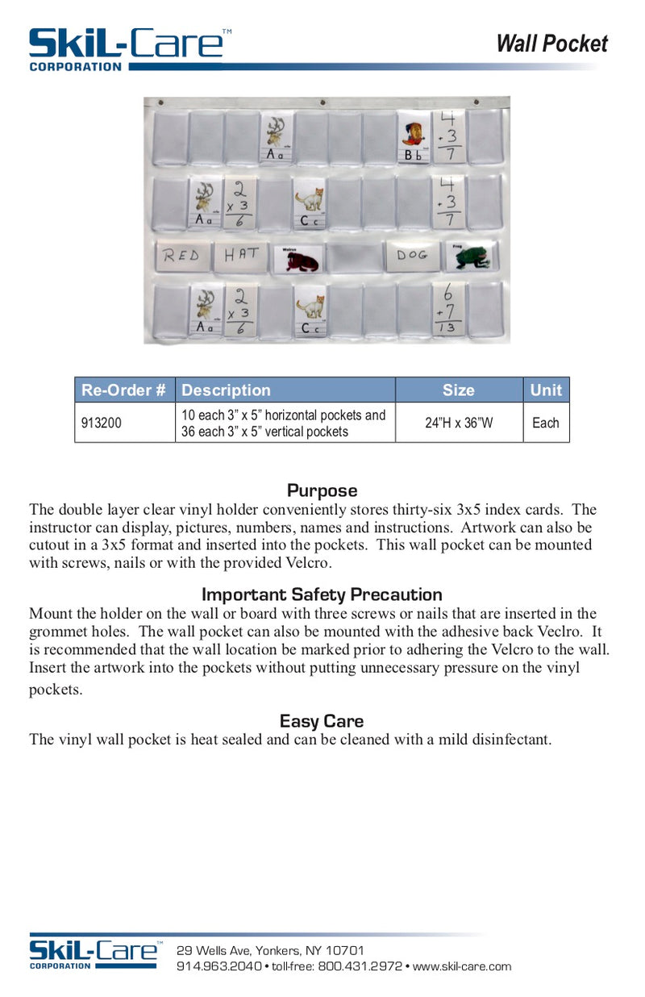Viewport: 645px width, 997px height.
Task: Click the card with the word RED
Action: click(181, 256)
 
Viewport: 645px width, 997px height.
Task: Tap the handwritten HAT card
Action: click(242, 255)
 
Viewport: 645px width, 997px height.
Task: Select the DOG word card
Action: click(411, 255)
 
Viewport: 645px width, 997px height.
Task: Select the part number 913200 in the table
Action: click(102, 423)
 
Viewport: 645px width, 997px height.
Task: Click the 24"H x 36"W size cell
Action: click(459, 423)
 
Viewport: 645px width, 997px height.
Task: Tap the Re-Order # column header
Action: click(124, 390)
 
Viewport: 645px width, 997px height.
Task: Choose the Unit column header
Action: click(546, 390)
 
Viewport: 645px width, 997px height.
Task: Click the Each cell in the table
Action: click(546, 423)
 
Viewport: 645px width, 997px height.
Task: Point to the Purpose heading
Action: click(322, 490)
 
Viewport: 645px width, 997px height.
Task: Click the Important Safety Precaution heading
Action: click(322, 594)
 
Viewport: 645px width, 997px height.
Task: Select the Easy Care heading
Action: click(322, 720)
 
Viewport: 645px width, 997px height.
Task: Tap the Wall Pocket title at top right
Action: click(551, 44)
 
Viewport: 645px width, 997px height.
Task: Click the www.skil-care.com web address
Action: click(462, 966)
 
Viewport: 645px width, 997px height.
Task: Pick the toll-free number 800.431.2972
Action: click(360, 966)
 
